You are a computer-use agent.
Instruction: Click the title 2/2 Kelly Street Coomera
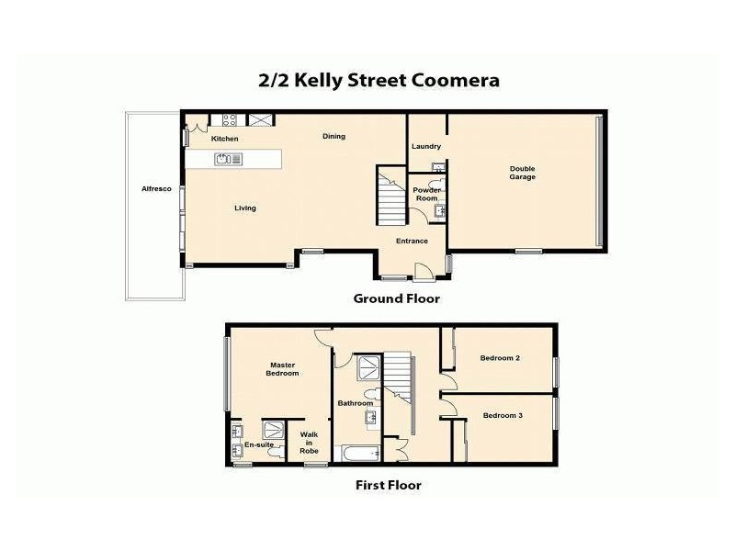(379, 80)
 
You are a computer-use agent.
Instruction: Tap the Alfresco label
(156, 188)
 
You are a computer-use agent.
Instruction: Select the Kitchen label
(224, 139)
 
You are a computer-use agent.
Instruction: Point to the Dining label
(334, 137)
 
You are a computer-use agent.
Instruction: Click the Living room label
(244, 208)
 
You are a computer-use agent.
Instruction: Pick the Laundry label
(426, 146)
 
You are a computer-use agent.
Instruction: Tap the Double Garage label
(523, 173)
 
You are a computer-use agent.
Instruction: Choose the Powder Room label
(426, 194)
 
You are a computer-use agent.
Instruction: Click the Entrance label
(412, 242)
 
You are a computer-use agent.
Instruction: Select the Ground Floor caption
(397, 298)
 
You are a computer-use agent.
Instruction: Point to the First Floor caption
(388, 485)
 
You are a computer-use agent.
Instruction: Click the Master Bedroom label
(282, 369)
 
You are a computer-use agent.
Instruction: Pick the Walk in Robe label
(309, 444)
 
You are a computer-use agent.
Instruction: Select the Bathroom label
(355, 403)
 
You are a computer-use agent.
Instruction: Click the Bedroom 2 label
(502, 358)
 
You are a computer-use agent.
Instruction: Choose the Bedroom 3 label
(503, 416)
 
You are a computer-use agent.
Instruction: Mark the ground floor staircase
(390, 194)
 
